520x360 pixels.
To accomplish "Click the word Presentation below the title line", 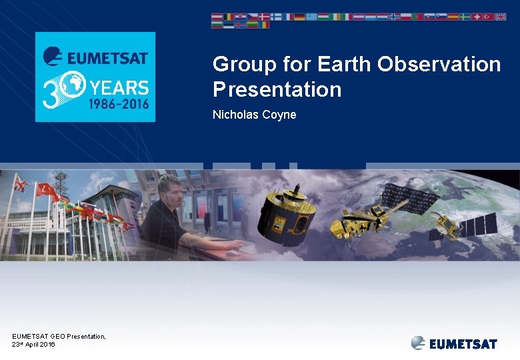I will (277, 89).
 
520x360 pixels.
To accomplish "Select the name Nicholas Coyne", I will (254, 115).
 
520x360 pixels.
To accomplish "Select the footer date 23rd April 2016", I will (33, 344).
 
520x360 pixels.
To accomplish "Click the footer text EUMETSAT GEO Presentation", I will (59, 336).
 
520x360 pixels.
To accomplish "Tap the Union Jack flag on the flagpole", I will (21, 183).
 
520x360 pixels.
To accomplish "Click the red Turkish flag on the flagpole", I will (47, 191).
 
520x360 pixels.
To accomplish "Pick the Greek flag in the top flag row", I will (311, 17).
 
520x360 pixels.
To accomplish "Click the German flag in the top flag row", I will (299, 17).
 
